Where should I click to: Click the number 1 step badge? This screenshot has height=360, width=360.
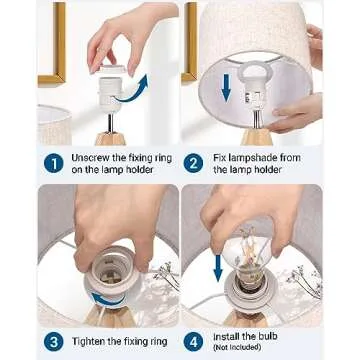(53, 164)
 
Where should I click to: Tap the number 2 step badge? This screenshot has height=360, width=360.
(193, 164)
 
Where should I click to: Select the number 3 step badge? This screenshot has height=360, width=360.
(53, 342)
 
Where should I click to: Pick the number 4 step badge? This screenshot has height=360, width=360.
(193, 342)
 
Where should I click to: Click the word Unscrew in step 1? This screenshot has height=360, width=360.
(88, 158)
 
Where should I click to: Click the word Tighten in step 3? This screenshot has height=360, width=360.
(88, 342)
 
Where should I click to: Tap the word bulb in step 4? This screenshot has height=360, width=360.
(268, 336)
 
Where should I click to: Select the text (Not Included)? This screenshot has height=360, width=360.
(237, 347)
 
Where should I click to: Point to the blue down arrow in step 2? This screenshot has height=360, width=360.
(226, 87)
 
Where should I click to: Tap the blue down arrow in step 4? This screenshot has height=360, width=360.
(218, 268)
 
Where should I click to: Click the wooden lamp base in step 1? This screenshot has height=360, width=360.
(111, 139)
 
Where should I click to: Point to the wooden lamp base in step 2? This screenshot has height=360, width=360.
(257, 137)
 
